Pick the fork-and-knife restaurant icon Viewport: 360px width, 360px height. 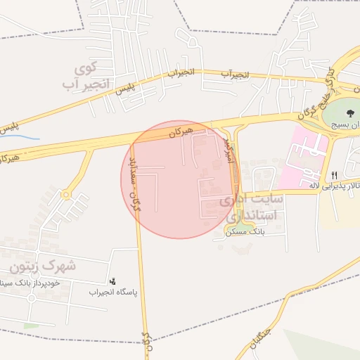334,175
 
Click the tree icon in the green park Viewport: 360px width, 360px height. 349,112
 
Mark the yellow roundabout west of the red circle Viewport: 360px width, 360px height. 67,195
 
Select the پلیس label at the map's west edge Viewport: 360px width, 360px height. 8,129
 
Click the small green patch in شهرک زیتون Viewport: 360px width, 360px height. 31,326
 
